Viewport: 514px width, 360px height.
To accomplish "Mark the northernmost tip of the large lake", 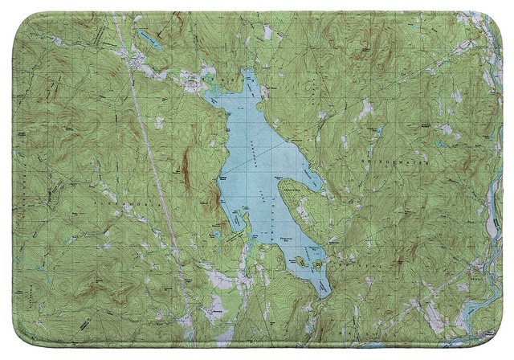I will pos(247,72).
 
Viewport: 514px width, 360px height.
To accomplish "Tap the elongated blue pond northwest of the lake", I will pos(149,38).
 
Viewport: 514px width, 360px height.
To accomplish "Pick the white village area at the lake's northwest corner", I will pos(193,80).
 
